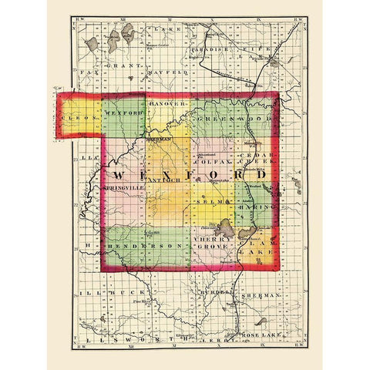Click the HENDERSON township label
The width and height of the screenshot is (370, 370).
[146, 245]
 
